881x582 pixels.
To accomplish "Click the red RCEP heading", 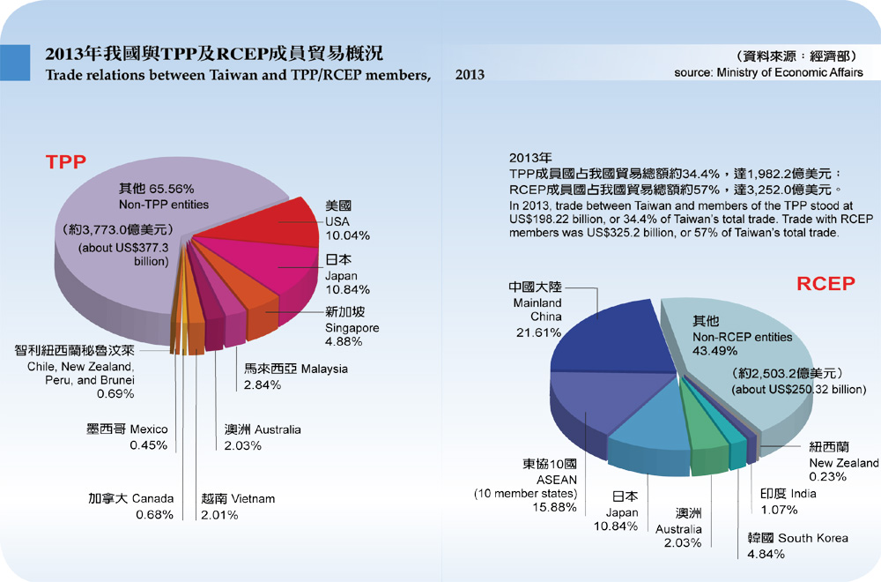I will [x=825, y=283].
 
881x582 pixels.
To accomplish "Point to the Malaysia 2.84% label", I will [x=295, y=377].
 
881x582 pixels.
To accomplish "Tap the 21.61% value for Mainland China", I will [x=537, y=332].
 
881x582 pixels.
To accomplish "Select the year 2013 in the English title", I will [x=470, y=75].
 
